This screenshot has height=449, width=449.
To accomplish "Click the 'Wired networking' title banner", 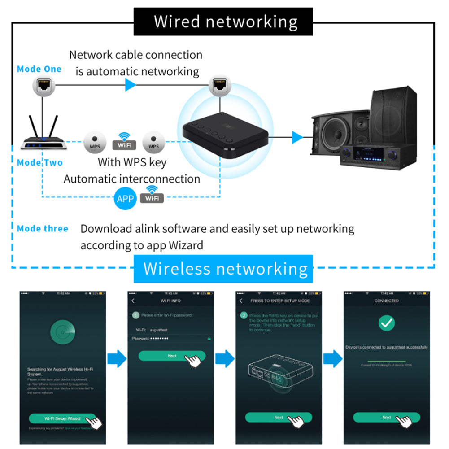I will tap(223, 22).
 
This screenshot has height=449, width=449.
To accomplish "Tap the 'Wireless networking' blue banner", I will tap(223, 269).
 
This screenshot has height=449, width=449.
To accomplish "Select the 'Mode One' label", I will tap(39, 69).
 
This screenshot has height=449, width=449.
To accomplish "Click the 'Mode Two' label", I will tap(39, 162).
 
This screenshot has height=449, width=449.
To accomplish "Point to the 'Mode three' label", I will tap(43, 229).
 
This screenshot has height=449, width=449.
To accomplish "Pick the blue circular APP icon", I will tap(125, 198).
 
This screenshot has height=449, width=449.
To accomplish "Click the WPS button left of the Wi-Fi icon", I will tap(95, 143).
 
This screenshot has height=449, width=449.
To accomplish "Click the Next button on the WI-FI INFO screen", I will tap(172, 356).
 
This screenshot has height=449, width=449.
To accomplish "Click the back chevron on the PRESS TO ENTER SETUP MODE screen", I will tap(241, 301).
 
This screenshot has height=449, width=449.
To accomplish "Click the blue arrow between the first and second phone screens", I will tap(117, 359).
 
